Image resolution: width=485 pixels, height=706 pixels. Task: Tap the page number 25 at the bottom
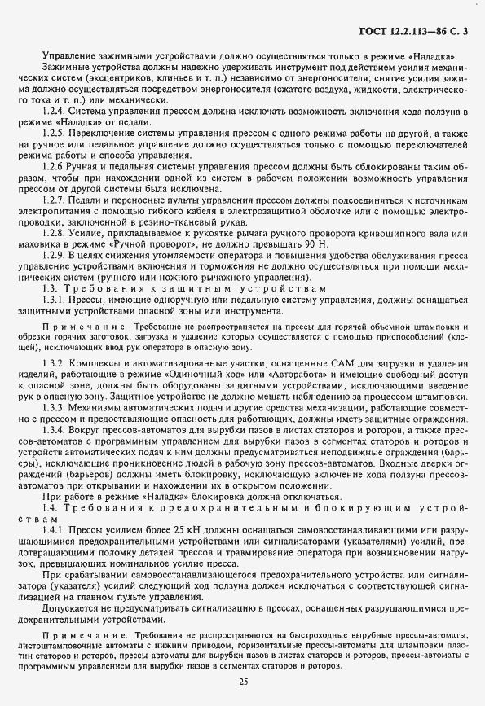[x=243, y=681]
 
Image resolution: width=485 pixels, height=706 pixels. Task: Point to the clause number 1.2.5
[x=55, y=131]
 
